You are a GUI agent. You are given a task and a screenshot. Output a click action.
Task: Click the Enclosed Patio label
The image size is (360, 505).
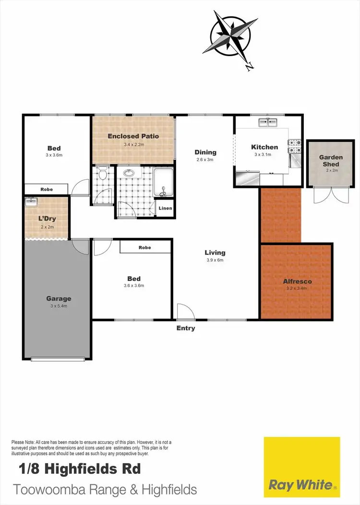point(133,136)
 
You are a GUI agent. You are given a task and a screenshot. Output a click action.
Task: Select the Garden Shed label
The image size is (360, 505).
point(331,161)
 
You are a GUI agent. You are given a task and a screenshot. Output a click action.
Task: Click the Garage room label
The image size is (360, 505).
point(59,298)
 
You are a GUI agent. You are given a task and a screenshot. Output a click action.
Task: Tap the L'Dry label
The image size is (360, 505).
point(48,219)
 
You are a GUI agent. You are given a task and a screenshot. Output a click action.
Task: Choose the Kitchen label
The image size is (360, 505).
point(264,147)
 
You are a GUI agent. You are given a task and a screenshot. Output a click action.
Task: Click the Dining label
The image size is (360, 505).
point(205,153)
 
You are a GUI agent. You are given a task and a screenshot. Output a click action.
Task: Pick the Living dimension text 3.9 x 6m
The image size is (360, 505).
point(215,260)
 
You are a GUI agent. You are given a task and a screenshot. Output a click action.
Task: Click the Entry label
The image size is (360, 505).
point(186,329)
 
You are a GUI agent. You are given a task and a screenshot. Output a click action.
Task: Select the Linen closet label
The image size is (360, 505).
point(164,209)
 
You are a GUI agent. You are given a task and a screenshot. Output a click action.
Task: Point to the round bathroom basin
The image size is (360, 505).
point(129,173)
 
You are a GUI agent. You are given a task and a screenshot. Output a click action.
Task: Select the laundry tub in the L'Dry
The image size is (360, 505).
point(31,202)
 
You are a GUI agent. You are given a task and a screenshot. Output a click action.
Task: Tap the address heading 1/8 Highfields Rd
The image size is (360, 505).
point(80,468)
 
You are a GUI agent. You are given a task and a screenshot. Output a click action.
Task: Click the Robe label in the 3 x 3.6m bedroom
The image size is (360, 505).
point(47,189)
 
